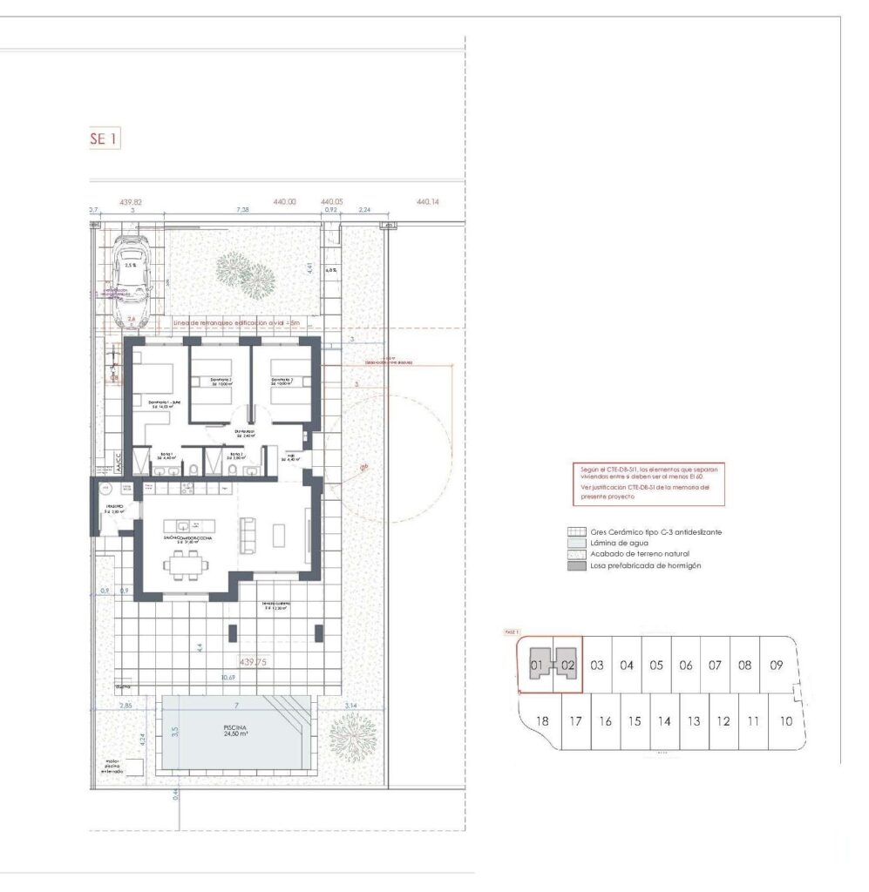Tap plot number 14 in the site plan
click(x=663, y=721)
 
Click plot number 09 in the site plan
click(x=776, y=665)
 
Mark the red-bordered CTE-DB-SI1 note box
click(x=648, y=484)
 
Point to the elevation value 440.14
click(x=429, y=202)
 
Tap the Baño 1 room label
click(x=166, y=455)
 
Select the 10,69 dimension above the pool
click(x=228, y=677)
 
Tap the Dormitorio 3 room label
click(x=287, y=381)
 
